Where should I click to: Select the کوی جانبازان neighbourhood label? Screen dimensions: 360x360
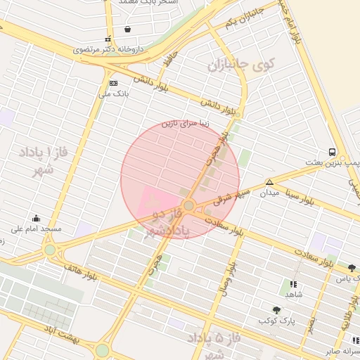point(240,67)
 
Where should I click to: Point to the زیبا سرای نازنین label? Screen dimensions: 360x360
point(186,123)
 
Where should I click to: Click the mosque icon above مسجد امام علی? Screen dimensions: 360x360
point(36,218)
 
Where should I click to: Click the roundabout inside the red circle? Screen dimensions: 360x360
point(188,205)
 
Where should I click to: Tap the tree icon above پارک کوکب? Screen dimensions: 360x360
point(276,310)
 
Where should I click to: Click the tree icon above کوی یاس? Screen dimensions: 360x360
point(352,268)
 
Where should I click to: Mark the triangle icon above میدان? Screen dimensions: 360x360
point(269,182)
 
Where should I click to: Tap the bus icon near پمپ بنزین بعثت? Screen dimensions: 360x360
point(331,151)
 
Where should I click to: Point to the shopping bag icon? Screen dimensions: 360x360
point(127,30)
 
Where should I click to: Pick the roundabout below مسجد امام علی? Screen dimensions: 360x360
point(49,250)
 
